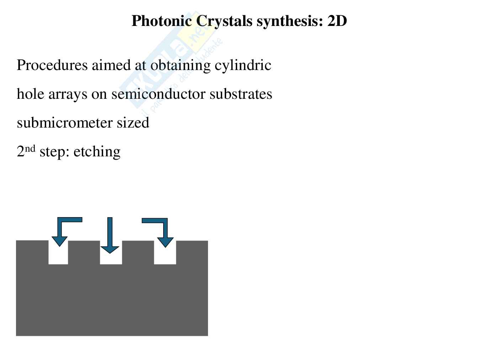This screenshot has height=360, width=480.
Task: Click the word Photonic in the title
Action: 161,21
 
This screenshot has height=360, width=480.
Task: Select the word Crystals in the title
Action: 224,21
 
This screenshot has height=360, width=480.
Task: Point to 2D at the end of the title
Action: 337,21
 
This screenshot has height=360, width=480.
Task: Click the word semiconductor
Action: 158,94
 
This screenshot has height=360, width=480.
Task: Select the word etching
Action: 97,152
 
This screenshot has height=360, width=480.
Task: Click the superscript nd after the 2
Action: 30,148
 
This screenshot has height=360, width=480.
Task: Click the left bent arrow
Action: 64,229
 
